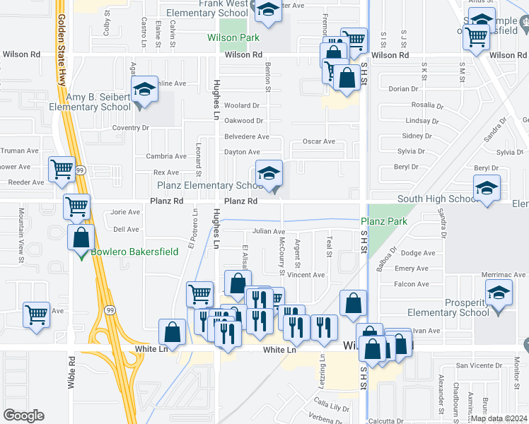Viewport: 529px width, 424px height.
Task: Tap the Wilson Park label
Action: point(233,37)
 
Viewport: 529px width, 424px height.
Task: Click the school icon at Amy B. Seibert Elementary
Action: point(144,90)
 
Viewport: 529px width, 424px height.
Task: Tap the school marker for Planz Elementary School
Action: point(269,174)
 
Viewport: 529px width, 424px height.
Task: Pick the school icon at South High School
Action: point(486,189)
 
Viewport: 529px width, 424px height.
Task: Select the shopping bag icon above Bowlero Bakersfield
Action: point(81,237)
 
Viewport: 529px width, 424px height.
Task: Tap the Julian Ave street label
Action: point(269,232)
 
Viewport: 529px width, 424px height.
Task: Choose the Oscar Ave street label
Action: point(318,141)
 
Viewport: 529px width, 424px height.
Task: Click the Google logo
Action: point(24,415)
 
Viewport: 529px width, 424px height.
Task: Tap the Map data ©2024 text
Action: point(499,418)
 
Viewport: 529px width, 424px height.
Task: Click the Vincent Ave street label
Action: point(306,275)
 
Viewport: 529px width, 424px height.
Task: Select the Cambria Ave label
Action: point(166,156)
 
